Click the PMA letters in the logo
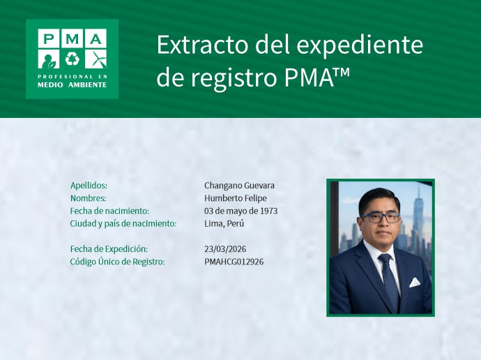coord(72,38)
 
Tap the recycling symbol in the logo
coord(72,59)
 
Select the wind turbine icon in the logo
coord(96,59)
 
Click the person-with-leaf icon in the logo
coord(48,59)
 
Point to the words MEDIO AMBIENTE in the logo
coord(72,84)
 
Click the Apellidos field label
coord(89,186)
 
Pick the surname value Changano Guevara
coord(239,186)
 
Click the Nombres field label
coord(88,198)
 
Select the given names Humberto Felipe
coord(235,198)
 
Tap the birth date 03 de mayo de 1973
coord(241,211)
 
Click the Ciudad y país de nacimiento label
coord(123,223)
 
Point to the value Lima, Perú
coord(224,223)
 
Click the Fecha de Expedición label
coord(109,249)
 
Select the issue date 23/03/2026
coord(225,249)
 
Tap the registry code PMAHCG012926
coord(234,262)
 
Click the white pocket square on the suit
coord(415,283)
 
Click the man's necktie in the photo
coord(387,279)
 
